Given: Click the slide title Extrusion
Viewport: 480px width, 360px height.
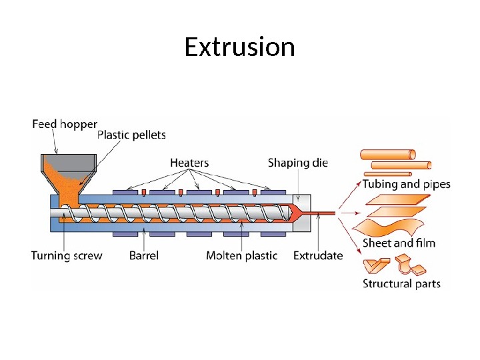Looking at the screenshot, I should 239,48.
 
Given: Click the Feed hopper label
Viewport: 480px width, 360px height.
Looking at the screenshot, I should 65,124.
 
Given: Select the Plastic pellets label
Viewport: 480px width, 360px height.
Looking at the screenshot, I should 131,135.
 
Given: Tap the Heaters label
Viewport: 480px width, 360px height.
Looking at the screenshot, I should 189,163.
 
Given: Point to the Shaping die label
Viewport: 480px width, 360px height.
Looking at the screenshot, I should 298,163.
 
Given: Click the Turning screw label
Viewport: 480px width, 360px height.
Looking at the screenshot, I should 67,255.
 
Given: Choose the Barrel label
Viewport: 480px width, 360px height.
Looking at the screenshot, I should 143,255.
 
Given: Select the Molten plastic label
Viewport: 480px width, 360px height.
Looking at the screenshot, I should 241,255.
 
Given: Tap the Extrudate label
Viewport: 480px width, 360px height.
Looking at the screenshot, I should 318,255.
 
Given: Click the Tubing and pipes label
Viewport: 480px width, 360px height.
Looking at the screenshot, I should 406,184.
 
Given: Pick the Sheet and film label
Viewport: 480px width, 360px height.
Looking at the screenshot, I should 399,243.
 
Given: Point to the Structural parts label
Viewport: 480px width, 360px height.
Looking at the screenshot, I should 401,283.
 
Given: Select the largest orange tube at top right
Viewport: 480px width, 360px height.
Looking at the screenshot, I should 388,155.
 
